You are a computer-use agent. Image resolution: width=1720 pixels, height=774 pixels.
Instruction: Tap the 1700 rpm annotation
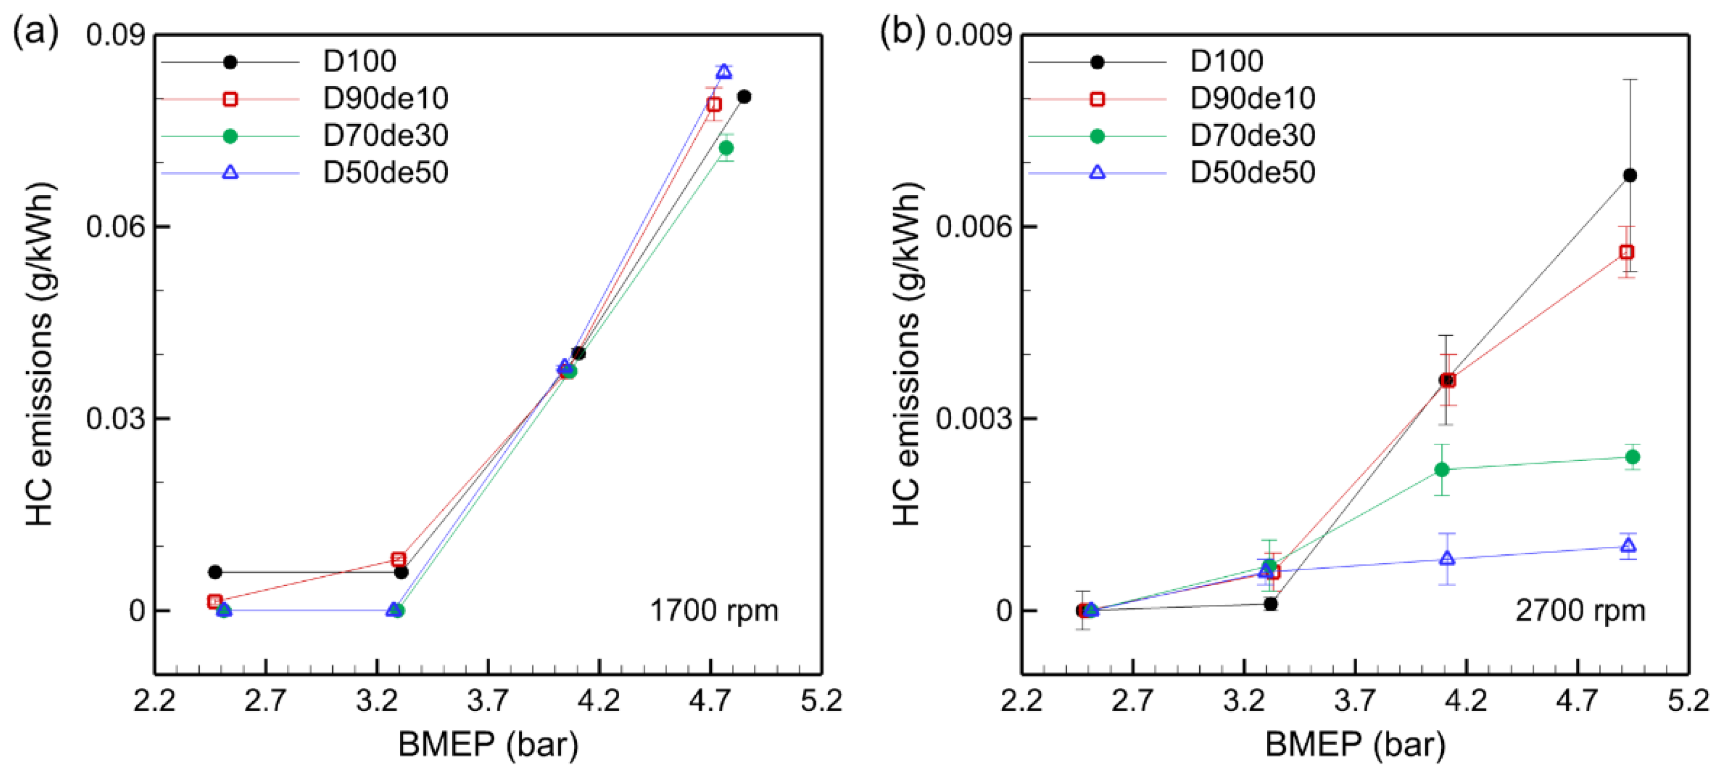click(714, 610)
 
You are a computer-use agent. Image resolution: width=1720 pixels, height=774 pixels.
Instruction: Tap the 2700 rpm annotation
click(1580, 610)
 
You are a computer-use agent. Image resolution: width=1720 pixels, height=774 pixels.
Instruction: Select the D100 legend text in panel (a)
click(359, 61)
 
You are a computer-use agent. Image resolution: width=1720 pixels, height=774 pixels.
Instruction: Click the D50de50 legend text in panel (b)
click(1252, 172)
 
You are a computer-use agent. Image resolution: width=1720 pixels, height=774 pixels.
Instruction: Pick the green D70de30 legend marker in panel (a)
click(230, 136)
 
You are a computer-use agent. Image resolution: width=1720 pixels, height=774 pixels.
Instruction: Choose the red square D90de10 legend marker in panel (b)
click(1096, 99)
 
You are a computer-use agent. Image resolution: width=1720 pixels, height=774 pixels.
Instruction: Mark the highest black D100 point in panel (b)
click(1630, 175)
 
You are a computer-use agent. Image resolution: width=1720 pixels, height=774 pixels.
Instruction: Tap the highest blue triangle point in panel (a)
click(724, 71)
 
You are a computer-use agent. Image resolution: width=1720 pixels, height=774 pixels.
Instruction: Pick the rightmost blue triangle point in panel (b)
click(1628, 546)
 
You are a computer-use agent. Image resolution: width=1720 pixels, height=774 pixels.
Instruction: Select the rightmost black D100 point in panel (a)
click(744, 97)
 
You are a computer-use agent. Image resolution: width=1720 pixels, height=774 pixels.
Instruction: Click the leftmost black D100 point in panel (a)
click(215, 572)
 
